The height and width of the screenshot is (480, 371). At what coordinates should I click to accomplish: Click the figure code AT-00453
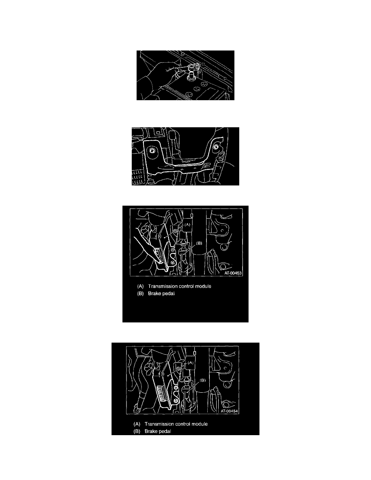233,273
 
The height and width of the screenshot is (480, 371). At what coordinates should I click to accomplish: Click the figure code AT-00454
229,411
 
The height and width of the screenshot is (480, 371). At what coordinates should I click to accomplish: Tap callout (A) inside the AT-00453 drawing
187,224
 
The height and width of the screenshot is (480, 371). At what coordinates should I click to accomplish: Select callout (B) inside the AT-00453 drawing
199,243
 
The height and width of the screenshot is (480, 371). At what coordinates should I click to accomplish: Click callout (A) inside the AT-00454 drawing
190,362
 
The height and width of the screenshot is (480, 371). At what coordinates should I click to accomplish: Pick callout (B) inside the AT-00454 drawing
202,381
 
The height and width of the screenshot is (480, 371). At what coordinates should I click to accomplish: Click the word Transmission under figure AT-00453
162,286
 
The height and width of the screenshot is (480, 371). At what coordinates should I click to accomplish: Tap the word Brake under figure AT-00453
154,293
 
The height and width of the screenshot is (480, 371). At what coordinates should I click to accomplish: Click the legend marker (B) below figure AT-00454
137,432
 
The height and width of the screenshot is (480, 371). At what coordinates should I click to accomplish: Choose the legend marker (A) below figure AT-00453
141,286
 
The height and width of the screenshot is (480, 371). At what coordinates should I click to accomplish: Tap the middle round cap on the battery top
196,89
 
